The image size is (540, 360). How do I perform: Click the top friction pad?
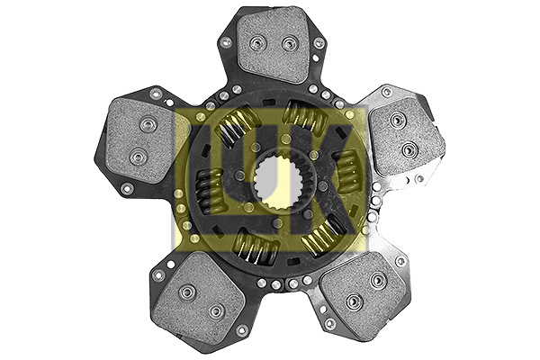(x=272, y=49)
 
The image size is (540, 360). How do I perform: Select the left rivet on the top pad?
(x=256, y=42)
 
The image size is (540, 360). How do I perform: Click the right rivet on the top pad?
(x=289, y=43)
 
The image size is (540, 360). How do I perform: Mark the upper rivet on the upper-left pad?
(x=147, y=124)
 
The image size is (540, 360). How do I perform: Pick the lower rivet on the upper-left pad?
(x=138, y=157)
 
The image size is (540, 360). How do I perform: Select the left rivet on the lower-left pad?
(x=186, y=292)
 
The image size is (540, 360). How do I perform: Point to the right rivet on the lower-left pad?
(x=216, y=311)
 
